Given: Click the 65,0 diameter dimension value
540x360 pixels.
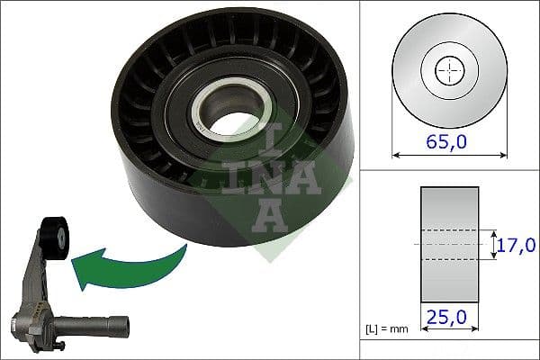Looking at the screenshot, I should tap(450, 141).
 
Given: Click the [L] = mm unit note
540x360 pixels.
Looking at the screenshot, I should tap(388, 329).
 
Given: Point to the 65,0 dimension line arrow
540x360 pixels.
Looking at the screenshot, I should tap(450, 156).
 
